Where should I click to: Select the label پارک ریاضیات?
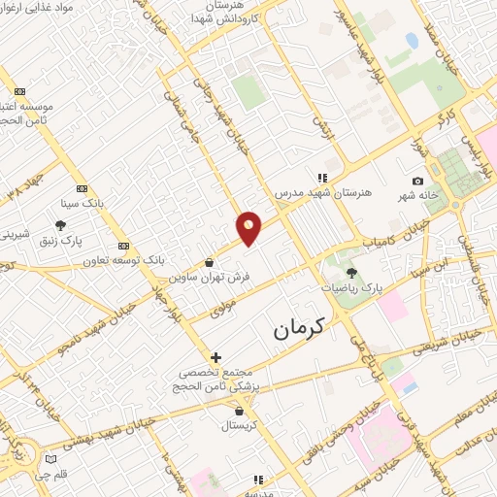pyautogui.click(x=351, y=288)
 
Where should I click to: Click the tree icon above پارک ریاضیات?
pyautogui.click(x=351, y=273)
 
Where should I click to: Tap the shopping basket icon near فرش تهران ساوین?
pyautogui.click(x=210, y=262)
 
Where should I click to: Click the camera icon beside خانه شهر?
pyautogui.click(x=417, y=182)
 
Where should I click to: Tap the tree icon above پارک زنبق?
pyautogui.click(x=61, y=225)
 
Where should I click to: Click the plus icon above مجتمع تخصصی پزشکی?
pyautogui.click(x=215, y=357)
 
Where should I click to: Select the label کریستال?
pyautogui.click(x=237, y=425)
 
